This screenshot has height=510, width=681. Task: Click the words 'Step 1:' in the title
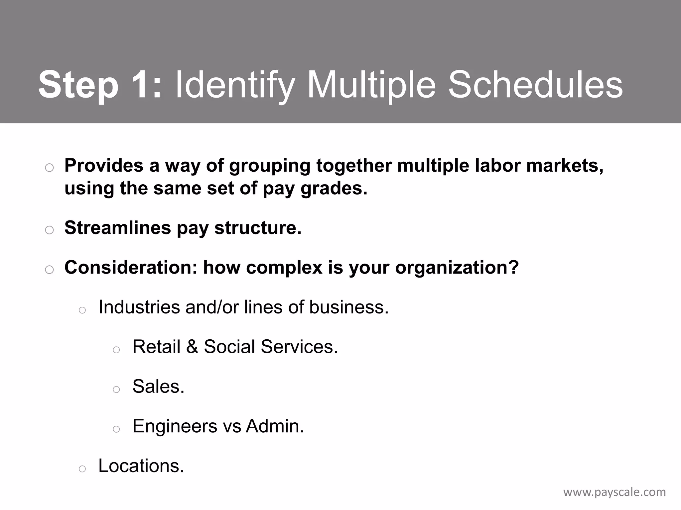click(100, 85)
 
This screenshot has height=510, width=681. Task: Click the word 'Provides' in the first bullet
click(104, 165)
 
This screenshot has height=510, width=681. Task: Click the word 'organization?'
click(457, 267)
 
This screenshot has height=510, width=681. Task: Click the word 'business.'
click(349, 307)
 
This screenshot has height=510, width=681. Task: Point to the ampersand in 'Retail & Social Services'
click(192, 347)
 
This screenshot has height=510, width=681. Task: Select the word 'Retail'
click(156, 347)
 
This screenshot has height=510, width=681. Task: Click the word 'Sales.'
click(158, 386)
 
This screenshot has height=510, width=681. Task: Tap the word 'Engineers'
click(175, 426)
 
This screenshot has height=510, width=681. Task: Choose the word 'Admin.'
click(275, 426)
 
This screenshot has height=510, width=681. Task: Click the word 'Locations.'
click(141, 466)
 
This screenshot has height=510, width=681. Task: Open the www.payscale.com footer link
click(614, 492)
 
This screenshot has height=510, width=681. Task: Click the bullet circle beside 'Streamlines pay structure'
click(49, 230)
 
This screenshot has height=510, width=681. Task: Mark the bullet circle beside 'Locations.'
click(82, 469)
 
